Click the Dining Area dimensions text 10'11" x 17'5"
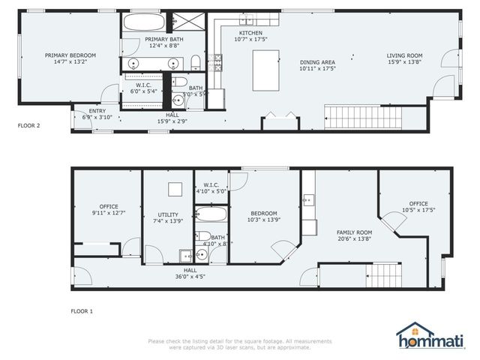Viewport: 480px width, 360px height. (x=317, y=68)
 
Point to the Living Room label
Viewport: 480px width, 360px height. (x=404, y=55)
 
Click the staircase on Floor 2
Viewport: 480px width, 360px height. (x=363, y=116)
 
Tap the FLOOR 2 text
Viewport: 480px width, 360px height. (x=28, y=126)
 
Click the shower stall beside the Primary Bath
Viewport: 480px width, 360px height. (x=184, y=21)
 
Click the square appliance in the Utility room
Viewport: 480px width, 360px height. (x=175, y=189)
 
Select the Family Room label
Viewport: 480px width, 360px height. (x=353, y=232)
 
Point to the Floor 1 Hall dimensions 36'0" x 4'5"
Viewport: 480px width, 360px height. (x=190, y=276)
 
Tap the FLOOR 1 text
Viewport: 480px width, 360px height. (x=81, y=310)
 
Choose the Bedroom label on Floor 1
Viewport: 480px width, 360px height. (x=263, y=212)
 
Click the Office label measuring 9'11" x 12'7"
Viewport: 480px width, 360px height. (x=108, y=206)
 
